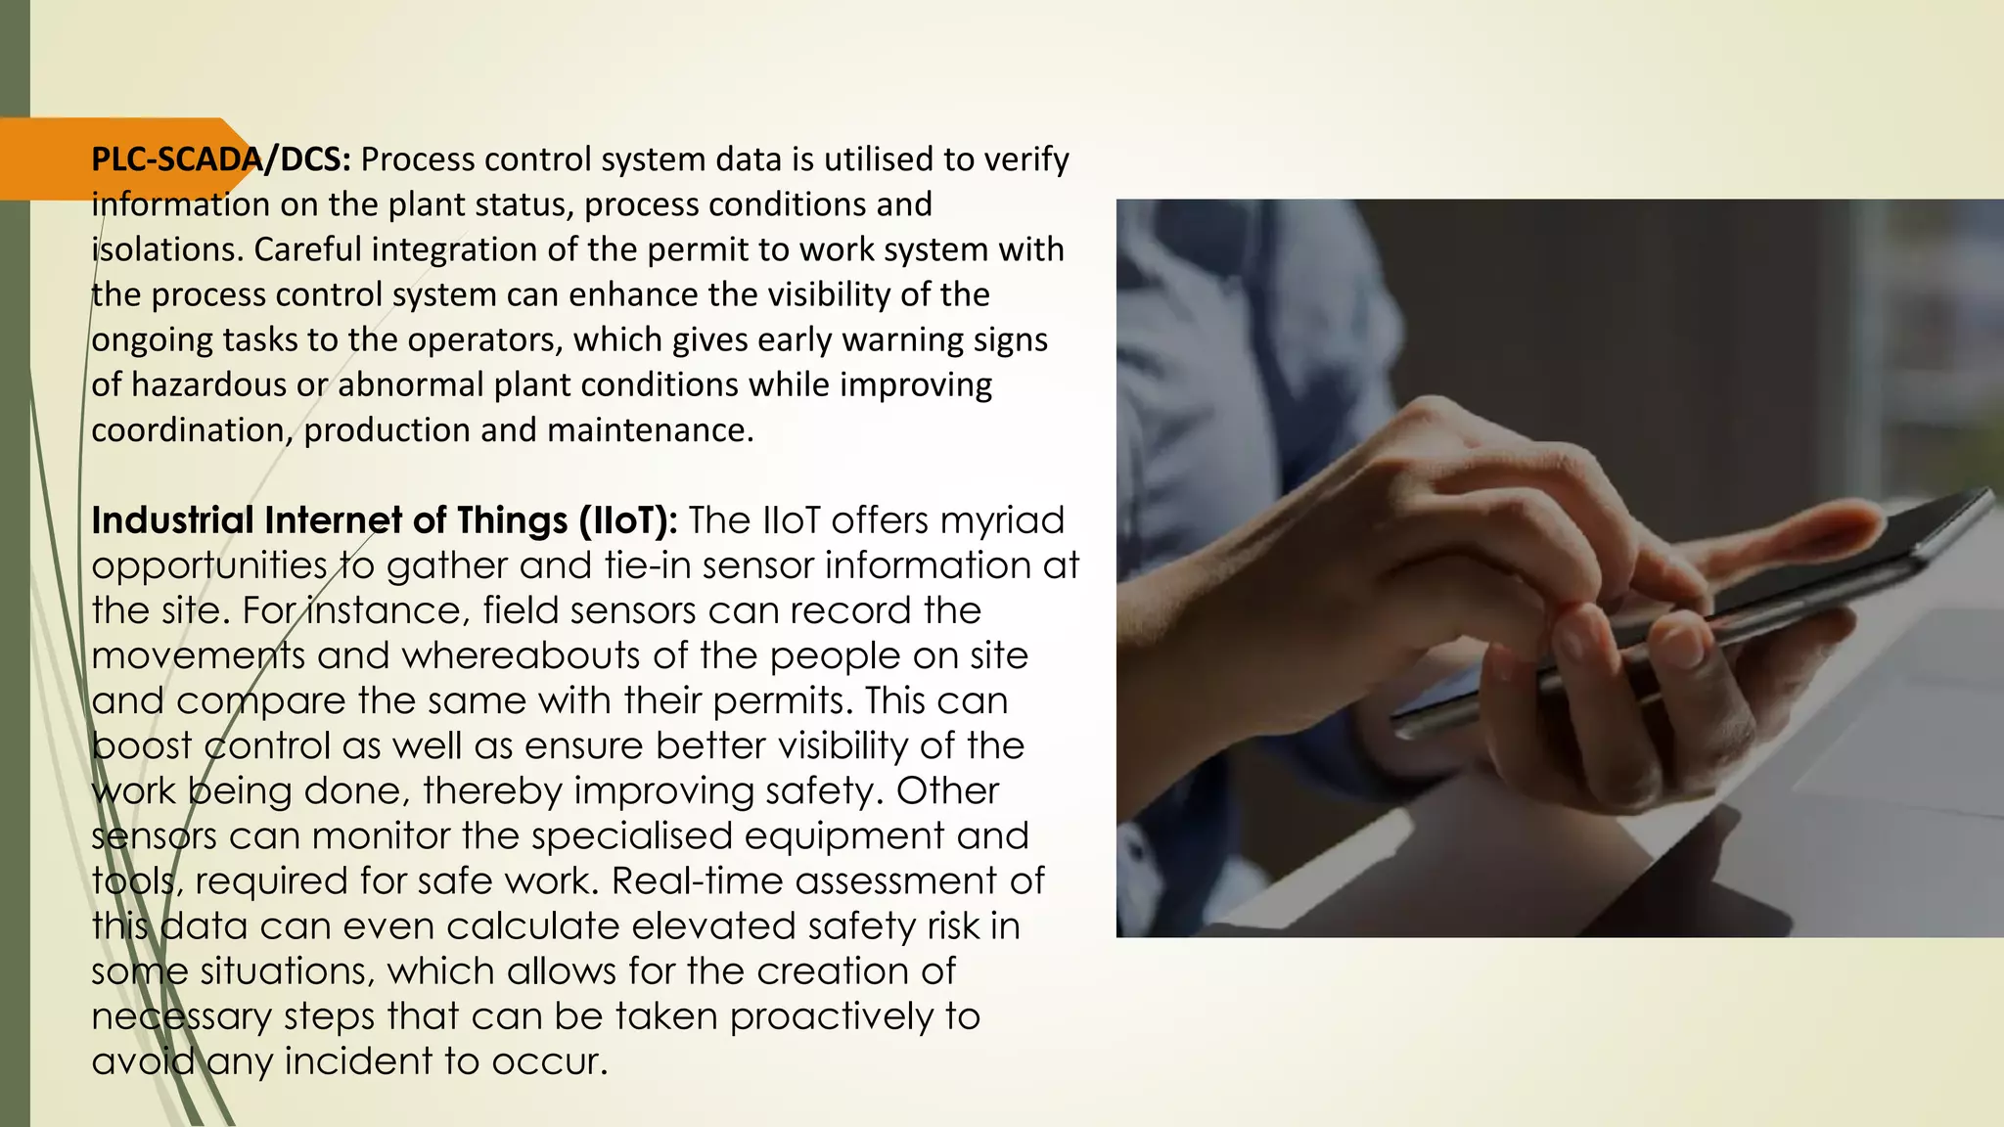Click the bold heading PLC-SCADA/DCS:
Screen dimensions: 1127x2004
point(220,159)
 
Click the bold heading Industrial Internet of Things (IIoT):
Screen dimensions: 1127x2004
point(384,520)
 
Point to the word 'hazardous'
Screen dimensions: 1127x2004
point(208,384)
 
